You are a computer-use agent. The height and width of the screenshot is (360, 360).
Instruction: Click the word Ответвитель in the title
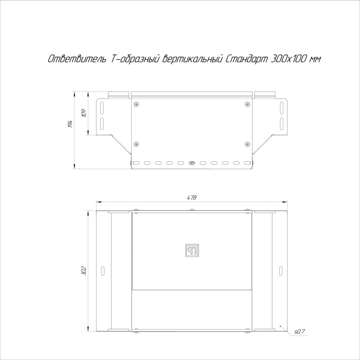(x=77, y=59)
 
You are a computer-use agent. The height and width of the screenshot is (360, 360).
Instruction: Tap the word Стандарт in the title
(x=247, y=59)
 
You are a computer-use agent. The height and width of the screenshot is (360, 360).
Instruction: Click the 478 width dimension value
(x=192, y=197)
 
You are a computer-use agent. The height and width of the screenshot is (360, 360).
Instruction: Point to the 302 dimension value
(x=84, y=271)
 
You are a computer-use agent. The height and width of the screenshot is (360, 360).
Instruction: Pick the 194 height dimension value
(x=70, y=124)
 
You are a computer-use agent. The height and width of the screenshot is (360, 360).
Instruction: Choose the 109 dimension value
(x=84, y=113)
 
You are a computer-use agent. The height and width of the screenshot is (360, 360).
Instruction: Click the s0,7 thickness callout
(x=300, y=332)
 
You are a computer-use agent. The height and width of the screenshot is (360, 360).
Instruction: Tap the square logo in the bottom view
(x=192, y=251)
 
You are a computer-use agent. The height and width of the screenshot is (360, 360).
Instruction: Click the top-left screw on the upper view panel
(x=137, y=105)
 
